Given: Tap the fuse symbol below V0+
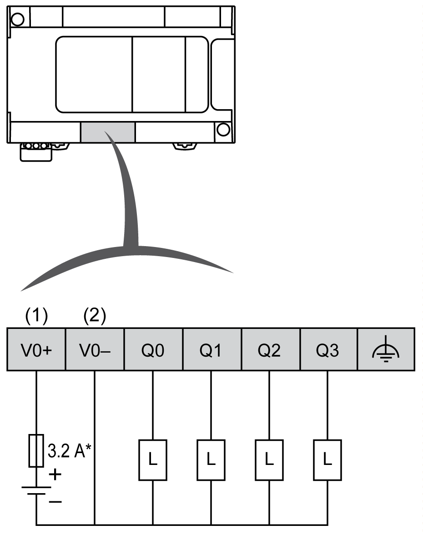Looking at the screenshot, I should (36, 450).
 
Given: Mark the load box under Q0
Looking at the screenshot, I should (153, 460).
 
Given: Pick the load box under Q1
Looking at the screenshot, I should (211, 460).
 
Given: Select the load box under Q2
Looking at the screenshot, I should (270, 460).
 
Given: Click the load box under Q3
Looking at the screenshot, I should (328, 460).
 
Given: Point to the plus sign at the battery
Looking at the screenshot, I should (55, 475).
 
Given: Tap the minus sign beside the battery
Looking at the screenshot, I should (55, 501).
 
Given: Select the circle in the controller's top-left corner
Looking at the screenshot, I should (17, 19).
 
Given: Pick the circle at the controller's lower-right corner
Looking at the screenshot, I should (223, 130).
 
